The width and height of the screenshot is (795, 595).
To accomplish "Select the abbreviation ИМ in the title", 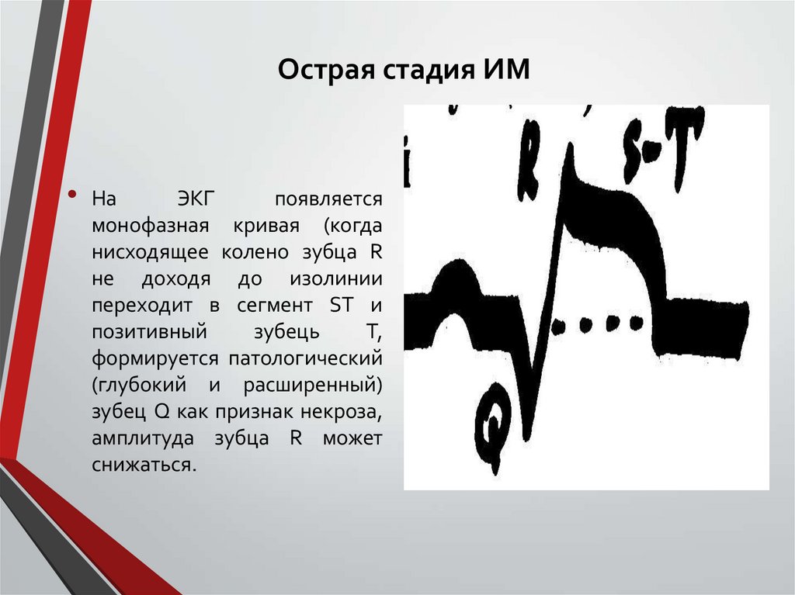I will tap(505, 71).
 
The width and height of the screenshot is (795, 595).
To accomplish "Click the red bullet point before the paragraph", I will tap(72, 195).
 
